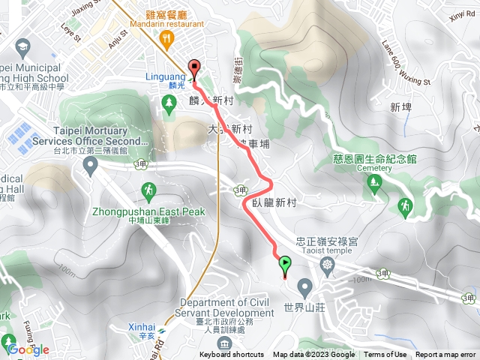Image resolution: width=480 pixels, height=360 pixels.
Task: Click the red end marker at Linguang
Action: (195, 67)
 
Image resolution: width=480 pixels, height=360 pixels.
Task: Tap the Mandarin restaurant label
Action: (166, 23)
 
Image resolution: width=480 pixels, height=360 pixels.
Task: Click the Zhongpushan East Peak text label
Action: (148, 212)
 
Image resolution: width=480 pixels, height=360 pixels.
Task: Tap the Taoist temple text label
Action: (328, 252)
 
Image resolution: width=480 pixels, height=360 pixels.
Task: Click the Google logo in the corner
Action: (28, 349)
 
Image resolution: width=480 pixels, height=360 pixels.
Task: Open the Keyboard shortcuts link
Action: (232, 355)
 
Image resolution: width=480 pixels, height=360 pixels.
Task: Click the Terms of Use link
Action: (385, 355)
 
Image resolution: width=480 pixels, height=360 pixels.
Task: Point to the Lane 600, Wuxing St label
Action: (406, 63)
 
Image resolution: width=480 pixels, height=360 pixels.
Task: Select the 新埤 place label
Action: (401, 107)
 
